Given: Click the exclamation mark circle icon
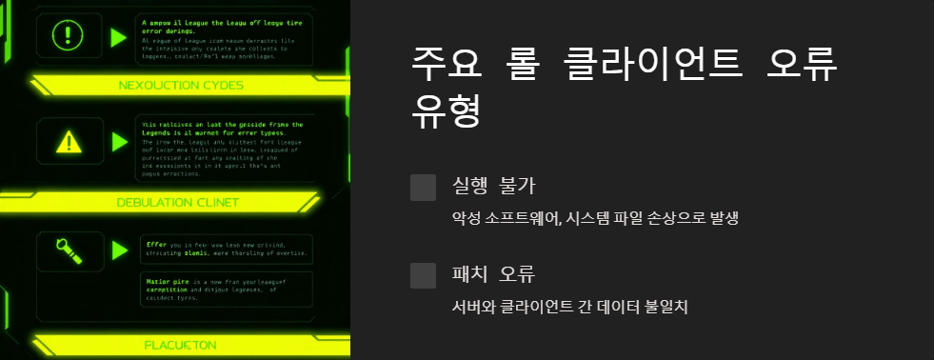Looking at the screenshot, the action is click(x=69, y=37).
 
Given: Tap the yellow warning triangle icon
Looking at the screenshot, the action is click(x=69, y=143).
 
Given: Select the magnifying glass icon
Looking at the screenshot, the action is click(x=70, y=250).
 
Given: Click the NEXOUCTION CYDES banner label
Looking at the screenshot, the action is click(x=181, y=85).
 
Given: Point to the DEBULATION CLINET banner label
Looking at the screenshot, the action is click(x=177, y=202).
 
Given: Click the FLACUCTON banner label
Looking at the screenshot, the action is click(x=181, y=344).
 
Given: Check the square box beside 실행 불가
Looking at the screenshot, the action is click(x=423, y=188).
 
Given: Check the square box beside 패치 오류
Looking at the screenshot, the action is click(x=423, y=275).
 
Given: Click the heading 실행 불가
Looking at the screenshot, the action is click(x=492, y=187).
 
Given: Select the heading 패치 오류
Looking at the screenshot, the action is click(x=492, y=274).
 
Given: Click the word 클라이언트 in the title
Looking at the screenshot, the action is click(x=646, y=65).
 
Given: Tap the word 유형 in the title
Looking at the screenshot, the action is click(x=445, y=112).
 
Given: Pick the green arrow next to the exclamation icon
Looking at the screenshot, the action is click(x=118, y=37).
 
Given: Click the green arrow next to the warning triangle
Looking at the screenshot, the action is click(x=118, y=142).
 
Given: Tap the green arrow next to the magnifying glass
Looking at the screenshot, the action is click(x=118, y=250).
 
